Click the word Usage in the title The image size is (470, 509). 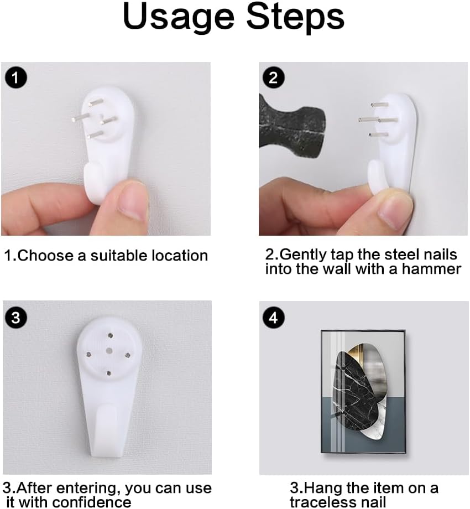tap(179, 18)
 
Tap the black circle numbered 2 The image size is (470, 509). tap(273, 77)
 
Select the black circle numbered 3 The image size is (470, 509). tap(16, 318)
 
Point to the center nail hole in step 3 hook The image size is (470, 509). tap(108, 351)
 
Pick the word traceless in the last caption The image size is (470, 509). tap(323, 502)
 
